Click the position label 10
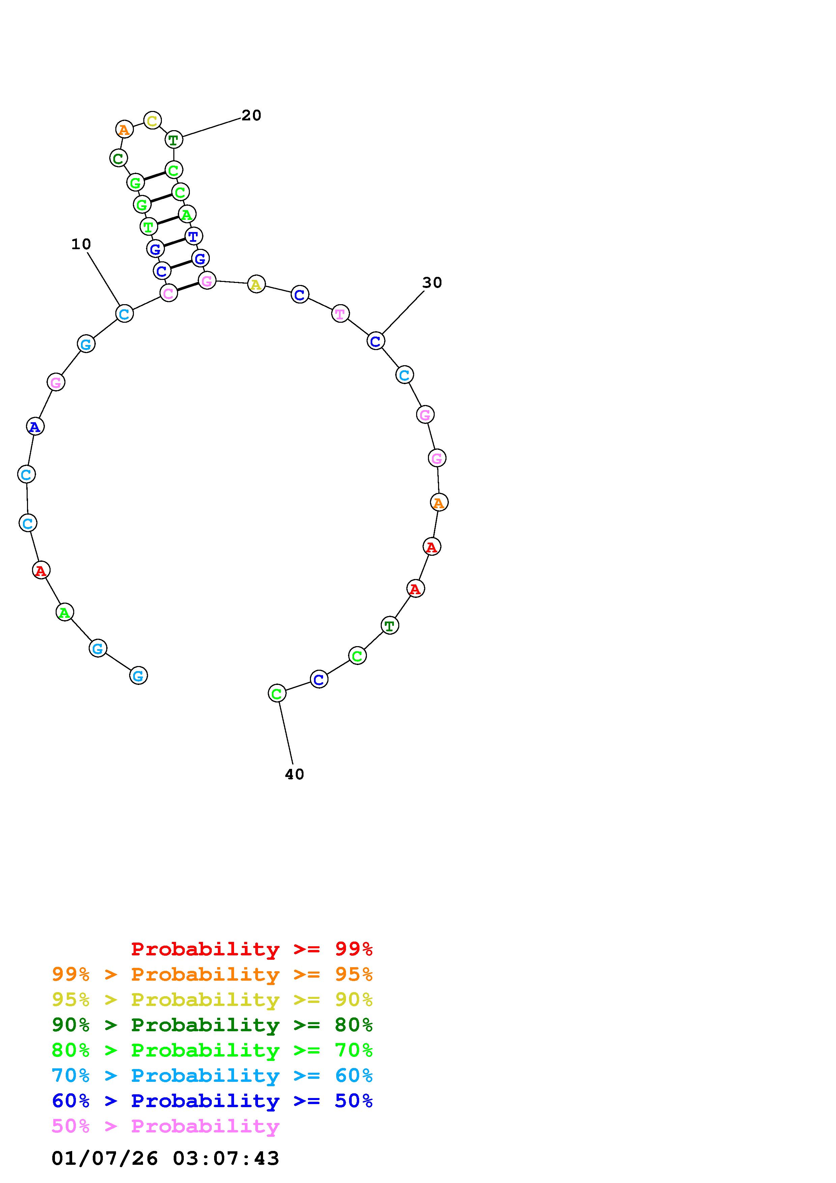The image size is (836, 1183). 81,244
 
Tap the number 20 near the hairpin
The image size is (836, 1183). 251,115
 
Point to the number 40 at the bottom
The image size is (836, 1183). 295,774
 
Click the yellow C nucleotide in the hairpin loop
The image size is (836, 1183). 152,121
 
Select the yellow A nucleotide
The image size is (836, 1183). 257,284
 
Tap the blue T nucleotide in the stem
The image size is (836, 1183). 194,236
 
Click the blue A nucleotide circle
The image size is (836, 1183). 35,427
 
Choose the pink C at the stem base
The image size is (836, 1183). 168,293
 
